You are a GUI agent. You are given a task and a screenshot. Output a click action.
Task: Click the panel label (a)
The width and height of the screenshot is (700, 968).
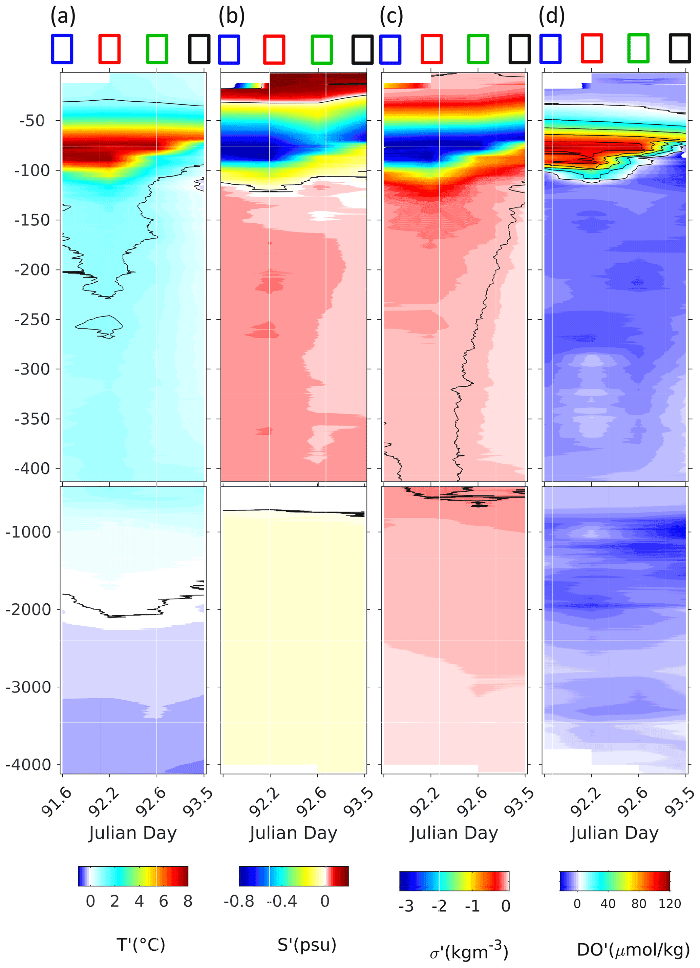(63, 17)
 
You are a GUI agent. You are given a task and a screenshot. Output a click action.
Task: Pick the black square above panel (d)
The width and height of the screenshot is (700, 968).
(680, 49)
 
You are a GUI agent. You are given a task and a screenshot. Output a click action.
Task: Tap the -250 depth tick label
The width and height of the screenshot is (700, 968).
(32, 320)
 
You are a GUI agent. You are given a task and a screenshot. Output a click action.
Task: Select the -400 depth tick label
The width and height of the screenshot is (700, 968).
(32, 469)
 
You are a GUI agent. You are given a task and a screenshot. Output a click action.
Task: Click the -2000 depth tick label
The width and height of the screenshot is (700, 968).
(28, 609)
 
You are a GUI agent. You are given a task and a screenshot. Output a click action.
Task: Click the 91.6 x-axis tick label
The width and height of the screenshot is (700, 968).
(57, 802)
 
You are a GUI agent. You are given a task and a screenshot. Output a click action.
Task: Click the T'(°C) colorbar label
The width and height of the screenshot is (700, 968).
(141, 945)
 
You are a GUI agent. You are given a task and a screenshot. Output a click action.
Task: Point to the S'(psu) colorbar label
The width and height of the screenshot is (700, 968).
(307, 945)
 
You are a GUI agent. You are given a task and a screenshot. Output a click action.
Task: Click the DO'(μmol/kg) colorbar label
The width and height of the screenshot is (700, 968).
(633, 950)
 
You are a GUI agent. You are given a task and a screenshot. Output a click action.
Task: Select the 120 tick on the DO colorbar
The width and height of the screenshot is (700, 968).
(669, 904)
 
